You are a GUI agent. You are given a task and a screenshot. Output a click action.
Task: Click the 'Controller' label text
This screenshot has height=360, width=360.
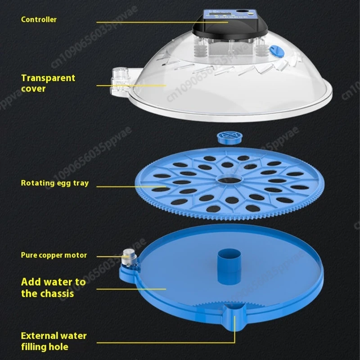coord(39,19)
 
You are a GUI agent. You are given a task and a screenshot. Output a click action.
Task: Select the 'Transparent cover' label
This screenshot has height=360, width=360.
coord(48,83)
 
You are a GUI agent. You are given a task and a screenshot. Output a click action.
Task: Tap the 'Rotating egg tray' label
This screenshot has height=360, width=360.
coord(55,183)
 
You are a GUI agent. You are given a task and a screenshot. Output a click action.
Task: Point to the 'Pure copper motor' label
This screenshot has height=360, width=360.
coord(54,255)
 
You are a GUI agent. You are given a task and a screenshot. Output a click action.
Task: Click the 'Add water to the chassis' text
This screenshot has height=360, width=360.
coord(53,288)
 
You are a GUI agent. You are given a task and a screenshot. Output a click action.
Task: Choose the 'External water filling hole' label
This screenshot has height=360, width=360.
coord(54,341)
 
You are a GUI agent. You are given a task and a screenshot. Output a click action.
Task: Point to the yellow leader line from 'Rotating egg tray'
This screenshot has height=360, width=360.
coord(130,186)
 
